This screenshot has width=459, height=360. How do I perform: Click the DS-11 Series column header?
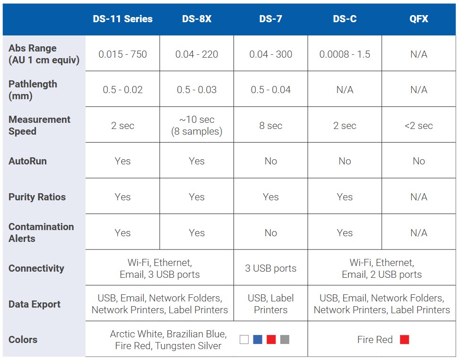(122, 19)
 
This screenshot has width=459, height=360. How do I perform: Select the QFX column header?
(419, 19)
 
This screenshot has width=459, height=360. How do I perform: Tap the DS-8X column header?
(197, 19)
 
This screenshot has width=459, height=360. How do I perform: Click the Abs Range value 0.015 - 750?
(122, 54)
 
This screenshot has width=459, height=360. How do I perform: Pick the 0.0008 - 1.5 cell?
(345, 54)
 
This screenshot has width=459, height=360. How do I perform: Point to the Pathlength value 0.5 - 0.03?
(197, 89)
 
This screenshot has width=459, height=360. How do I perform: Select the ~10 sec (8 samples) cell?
(197, 126)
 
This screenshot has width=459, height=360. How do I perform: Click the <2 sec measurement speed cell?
(419, 126)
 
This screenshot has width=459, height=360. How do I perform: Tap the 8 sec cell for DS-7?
(271, 126)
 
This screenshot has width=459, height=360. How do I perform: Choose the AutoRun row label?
(27, 161)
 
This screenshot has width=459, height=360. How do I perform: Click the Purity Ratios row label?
(37, 197)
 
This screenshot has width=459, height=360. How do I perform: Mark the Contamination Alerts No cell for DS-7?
(271, 233)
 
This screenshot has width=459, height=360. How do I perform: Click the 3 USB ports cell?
(271, 268)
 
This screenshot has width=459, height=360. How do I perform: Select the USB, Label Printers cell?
(271, 304)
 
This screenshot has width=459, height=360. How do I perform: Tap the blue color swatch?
(258, 340)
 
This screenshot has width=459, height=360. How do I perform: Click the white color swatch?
(244, 340)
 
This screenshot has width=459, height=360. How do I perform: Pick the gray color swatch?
(285, 340)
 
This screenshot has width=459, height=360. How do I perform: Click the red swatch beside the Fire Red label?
(405, 340)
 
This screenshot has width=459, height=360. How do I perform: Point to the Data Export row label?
(34, 304)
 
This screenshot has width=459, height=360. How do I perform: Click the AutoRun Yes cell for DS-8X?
(197, 161)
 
